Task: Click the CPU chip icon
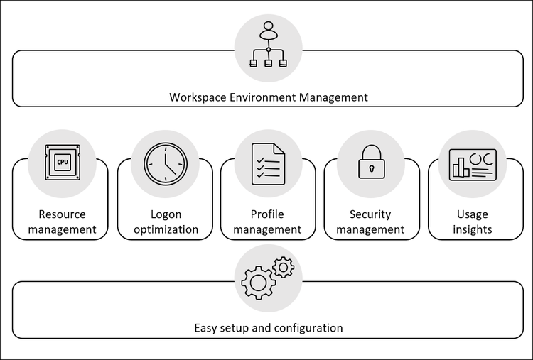63,163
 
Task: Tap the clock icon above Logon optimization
166,164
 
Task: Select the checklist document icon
268,164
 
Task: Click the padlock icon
372,162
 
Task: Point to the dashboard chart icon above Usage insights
473,165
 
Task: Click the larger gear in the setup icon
259,283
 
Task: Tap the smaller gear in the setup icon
283,268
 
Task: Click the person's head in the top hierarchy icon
268,26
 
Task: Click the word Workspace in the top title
198,97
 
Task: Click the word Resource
63,214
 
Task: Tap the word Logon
166,215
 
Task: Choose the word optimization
166,230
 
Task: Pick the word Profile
267,214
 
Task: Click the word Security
370,214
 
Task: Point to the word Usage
473,214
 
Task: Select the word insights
473,230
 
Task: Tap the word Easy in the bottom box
205,329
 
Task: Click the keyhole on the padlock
372,168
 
